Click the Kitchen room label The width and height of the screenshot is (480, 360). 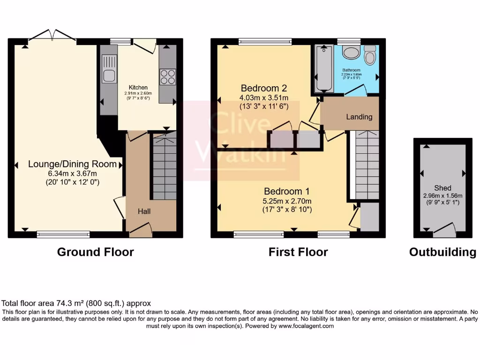[x=138, y=88]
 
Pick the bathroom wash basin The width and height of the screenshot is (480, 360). [x=350, y=52]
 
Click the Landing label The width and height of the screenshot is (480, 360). [x=359, y=117]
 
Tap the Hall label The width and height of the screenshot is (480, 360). [x=144, y=211]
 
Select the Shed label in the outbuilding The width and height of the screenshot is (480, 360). [x=442, y=188]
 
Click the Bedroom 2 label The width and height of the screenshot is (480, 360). [x=263, y=88]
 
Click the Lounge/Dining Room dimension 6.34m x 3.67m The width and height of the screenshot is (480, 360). [x=72, y=173]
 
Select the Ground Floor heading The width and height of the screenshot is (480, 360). [x=95, y=252]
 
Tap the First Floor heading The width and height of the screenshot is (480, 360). [x=298, y=252]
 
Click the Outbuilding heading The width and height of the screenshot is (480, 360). [x=442, y=252]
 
